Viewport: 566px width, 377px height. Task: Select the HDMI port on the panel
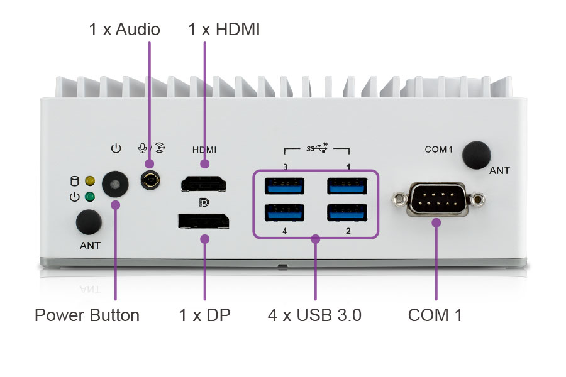204,184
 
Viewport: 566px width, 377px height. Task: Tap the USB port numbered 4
285,213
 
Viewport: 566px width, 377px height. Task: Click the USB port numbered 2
347,213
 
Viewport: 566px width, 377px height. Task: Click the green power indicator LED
90,197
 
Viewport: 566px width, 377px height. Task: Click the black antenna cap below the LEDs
89,222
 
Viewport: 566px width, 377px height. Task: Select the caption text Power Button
87,315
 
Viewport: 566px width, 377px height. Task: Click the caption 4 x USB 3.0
314,315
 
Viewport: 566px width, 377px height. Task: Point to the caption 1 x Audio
125,29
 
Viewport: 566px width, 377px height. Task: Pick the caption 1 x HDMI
223,29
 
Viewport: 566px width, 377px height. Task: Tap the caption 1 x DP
204,315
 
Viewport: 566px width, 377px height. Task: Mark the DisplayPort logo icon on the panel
204,202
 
